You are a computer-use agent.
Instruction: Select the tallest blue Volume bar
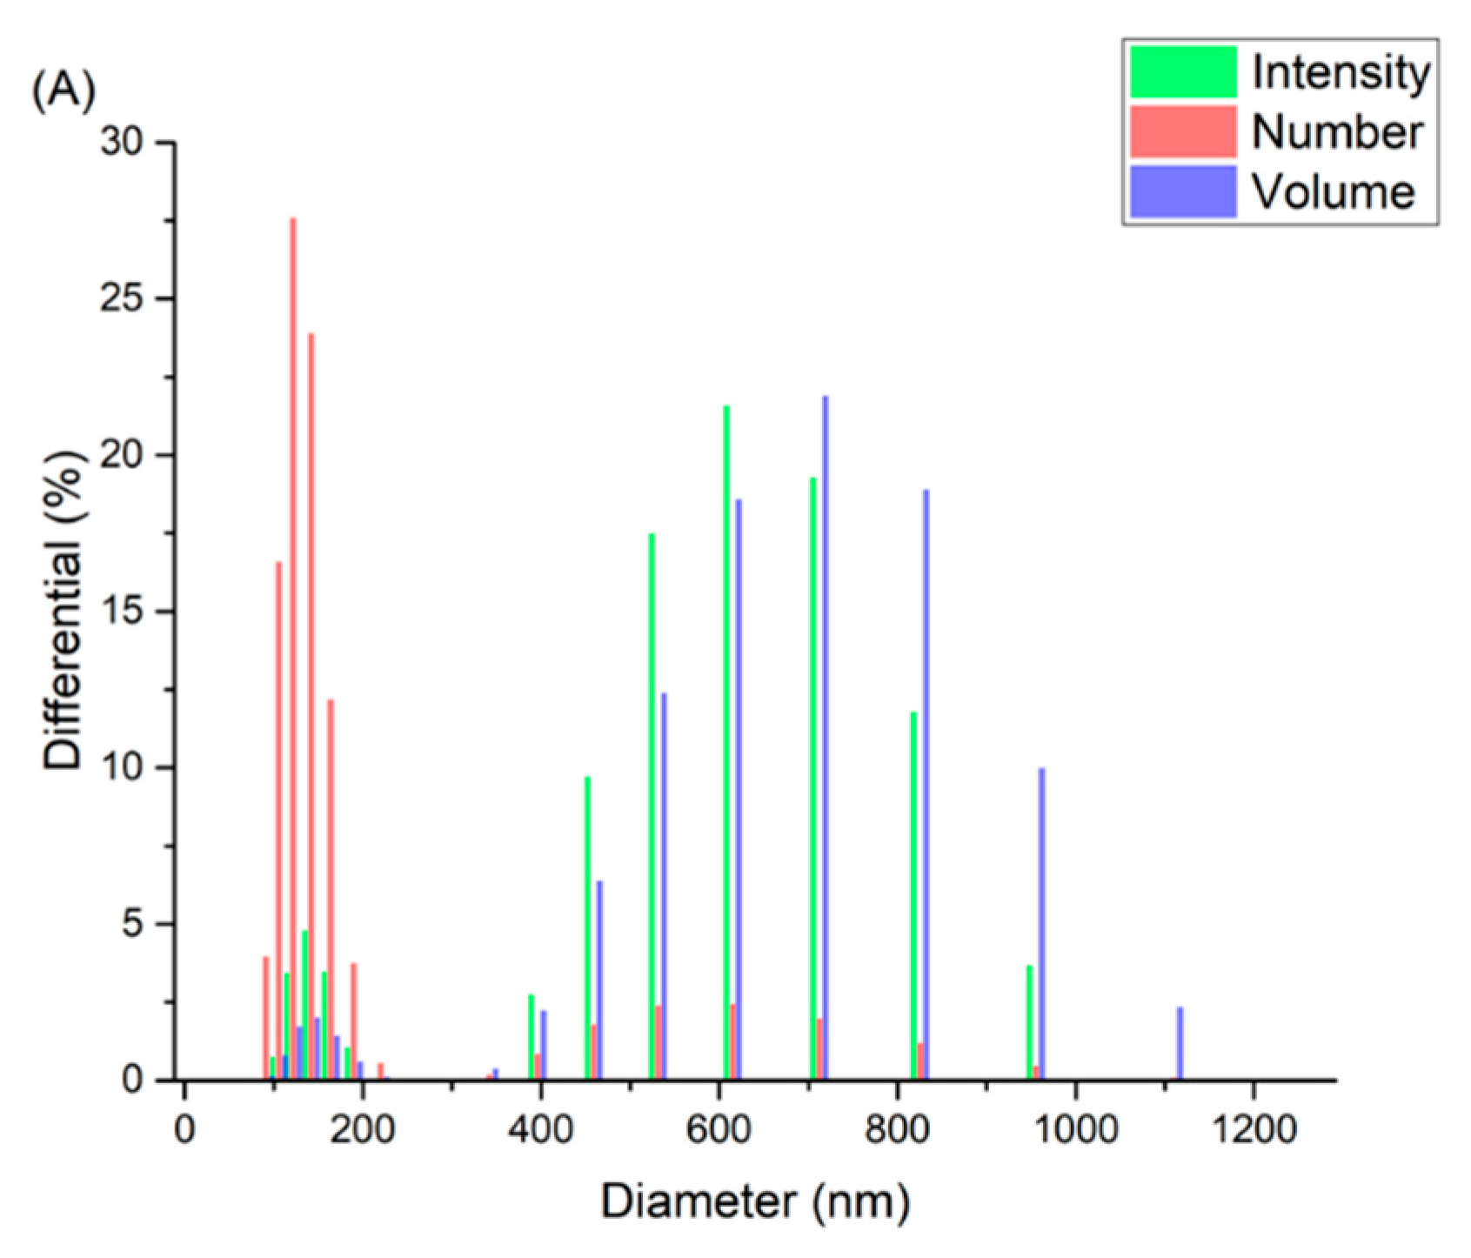(826, 739)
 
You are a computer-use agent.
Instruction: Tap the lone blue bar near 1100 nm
(1180, 1044)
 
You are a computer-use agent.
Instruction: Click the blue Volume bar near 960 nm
(1041, 922)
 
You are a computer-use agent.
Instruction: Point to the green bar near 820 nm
(913, 896)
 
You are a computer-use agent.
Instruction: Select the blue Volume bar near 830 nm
(926, 783)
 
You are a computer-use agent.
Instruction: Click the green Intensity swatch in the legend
(1182, 71)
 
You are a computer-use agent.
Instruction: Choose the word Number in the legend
(1336, 132)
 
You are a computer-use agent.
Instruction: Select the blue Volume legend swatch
(1182, 191)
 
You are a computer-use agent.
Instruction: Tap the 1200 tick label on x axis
(1253, 1130)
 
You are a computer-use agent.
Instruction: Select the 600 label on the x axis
(719, 1130)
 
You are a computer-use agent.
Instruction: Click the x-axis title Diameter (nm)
(755, 1202)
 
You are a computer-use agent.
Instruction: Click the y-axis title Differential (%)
(63, 609)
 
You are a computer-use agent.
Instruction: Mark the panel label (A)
(64, 90)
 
